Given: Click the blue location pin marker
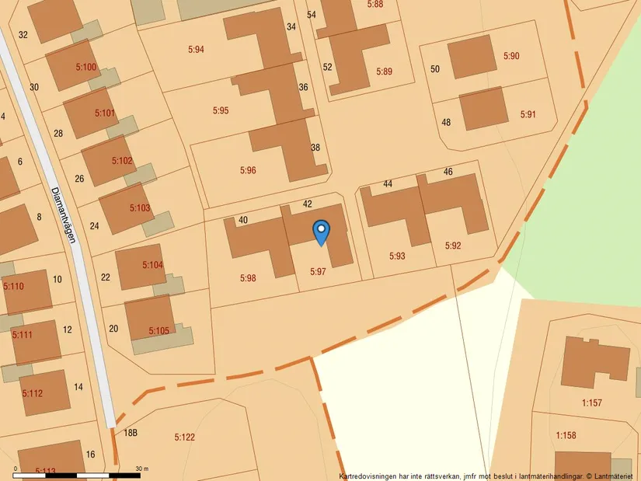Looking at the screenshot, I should click(x=321, y=232).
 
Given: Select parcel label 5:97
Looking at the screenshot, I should click(x=318, y=271).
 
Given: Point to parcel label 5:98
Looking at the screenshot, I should click(x=248, y=277).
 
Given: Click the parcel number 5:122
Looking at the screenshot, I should click(x=184, y=437).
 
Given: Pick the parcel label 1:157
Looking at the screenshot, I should click(x=592, y=403).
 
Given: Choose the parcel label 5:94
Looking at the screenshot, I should click(x=196, y=50).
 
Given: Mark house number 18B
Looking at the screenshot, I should click(x=130, y=432).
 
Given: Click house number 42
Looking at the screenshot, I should click(x=307, y=204).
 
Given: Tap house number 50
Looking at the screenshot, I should click(x=435, y=69).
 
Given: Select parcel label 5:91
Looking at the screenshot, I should click(x=528, y=114).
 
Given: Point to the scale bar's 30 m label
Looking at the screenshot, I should click(x=142, y=469).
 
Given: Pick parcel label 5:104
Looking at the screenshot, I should click(x=153, y=265).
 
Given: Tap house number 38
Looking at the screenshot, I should click(x=315, y=148).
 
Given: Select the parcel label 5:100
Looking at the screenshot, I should click(x=86, y=68).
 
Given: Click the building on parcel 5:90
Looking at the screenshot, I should click(x=472, y=57).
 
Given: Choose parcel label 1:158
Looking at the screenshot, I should click(x=566, y=435).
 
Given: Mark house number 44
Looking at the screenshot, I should click(x=388, y=184).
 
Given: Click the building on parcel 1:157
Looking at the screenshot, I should click(x=594, y=360).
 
